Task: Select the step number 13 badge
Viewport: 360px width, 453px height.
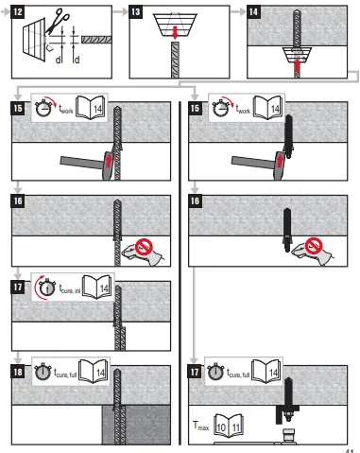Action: (x=136, y=12)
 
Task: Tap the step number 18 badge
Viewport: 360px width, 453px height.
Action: (x=19, y=359)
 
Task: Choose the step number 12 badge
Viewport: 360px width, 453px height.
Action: (x=20, y=12)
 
